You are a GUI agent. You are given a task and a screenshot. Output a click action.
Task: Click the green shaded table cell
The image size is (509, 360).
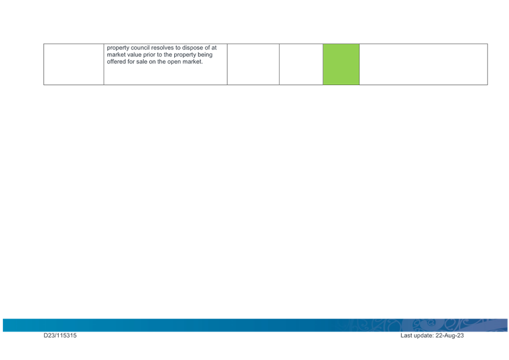(x=341, y=64)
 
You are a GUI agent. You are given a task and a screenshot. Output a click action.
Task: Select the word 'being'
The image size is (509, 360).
(x=204, y=54)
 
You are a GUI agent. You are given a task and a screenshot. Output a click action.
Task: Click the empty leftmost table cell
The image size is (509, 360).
(x=73, y=64)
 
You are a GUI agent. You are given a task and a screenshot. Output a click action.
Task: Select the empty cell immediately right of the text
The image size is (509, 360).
(x=253, y=64)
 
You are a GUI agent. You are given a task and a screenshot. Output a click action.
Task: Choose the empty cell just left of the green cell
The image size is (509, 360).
(x=301, y=64)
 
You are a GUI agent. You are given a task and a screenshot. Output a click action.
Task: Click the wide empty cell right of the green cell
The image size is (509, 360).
(x=423, y=64)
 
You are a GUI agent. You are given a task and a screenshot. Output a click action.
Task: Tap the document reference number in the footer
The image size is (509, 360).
(x=61, y=336)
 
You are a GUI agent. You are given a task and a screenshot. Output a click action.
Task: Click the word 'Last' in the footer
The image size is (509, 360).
(x=407, y=336)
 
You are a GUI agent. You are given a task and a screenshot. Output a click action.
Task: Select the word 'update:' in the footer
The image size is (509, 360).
(x=423, y=336)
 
